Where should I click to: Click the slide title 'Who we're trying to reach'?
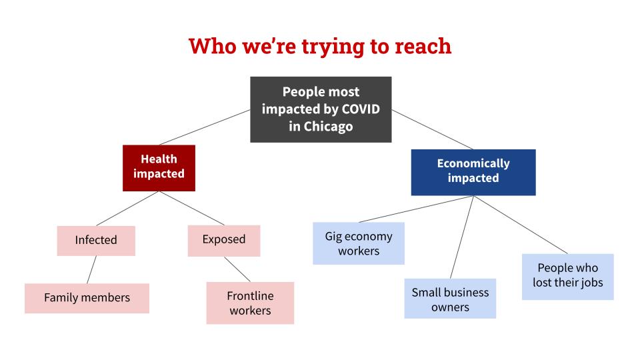pos(320,46)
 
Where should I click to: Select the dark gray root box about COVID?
pos(321,109)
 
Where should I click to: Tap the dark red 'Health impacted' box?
pos(159,168)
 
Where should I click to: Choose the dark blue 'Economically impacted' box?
pos(473,172)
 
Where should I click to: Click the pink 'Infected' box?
pos(96,241)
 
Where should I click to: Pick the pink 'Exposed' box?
pos(224,241)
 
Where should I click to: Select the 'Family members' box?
pos(87,299)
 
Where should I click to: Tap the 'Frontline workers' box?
pos(250,303)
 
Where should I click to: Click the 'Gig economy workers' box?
pos(359,243)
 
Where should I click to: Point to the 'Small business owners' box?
pos(450,299)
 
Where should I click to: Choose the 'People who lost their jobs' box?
pos(568,277)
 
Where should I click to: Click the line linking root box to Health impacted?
pos(205,127)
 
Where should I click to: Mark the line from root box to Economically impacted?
pos(433,129)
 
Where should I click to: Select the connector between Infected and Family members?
pos(92,270)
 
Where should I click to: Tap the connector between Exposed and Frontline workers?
pos(237,269)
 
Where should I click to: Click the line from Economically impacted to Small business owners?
pos(462,237)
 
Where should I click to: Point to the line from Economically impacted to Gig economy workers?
pos(416,209)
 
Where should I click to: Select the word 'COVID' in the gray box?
pos(361,109)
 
